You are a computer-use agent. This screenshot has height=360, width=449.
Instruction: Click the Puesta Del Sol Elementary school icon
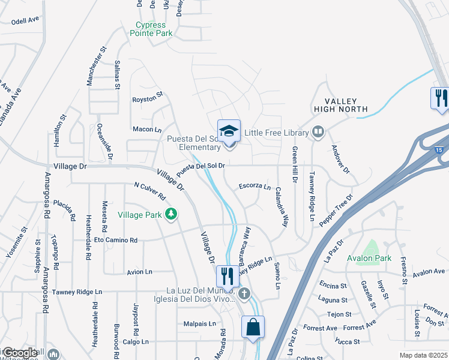click(x=229, y=131)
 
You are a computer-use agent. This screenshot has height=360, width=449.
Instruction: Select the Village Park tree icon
click(x=172, y=214)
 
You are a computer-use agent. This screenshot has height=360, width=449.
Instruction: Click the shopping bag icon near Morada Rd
click(x=253, y=328)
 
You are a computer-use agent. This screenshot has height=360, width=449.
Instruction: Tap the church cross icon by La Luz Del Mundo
click(x=244, y=294)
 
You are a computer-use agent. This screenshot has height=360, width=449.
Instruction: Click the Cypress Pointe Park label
click(x=151, y=29)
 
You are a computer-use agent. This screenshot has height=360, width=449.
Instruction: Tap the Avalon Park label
click(x=369, y=259)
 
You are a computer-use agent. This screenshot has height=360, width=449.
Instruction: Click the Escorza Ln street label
click(x=255, y=186)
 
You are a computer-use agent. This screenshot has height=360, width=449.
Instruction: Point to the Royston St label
click(x=148, y=97)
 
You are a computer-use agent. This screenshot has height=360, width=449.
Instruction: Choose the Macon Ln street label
click(x=148, y=129)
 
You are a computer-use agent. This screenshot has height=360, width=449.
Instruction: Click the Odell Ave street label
click(x=25, y=20)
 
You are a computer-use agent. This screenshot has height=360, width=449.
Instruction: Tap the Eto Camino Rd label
click(x=116, y=241)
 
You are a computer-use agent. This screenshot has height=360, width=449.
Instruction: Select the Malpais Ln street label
click(x=200, y=323)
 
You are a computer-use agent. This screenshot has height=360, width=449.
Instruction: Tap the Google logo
click(x=19, y=353)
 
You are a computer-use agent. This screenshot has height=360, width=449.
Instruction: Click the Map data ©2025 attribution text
click(x=423, y=355)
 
